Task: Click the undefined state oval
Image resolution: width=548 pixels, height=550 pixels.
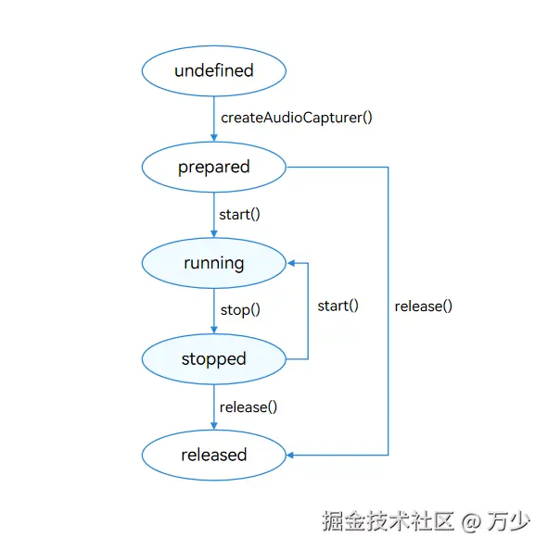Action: coord(213,70)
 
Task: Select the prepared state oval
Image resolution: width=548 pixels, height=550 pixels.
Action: coord(213,167)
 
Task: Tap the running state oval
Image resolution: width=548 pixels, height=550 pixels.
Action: coord(213,263)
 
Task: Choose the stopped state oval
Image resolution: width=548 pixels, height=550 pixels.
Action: coord(213,358)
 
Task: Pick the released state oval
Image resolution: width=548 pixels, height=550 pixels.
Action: coord(213,455)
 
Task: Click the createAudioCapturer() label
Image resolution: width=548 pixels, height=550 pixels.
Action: coord(297,119)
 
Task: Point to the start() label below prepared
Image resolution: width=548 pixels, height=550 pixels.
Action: coord(239,215)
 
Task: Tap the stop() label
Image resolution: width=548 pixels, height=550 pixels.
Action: coord(239,310)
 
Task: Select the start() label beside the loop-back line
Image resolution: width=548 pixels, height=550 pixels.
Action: coord(338,306)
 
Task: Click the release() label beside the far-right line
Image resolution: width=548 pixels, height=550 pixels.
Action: coord(423,306)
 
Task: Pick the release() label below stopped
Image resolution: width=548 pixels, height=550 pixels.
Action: coord(249,406)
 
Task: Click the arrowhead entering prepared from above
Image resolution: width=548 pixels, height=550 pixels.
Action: coord(213,138)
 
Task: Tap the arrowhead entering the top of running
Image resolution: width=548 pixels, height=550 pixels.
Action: coord(213,234)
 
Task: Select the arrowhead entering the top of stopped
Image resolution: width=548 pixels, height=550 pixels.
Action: coord(213,331)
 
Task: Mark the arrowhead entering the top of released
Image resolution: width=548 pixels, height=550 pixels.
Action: coord(213,426)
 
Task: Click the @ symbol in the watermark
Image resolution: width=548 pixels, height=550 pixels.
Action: coord(472,522)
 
